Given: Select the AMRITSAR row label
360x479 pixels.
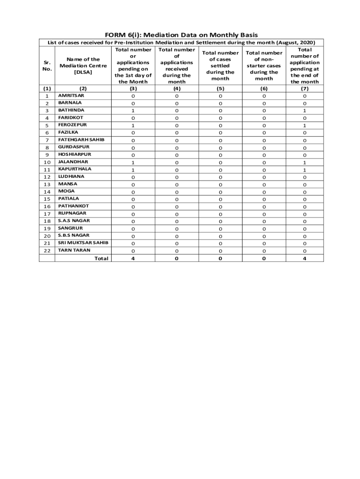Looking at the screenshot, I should coord(71,95).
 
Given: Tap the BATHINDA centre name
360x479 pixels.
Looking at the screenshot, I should coord(71,110).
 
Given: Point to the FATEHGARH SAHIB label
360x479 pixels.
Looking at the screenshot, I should coord(81,139).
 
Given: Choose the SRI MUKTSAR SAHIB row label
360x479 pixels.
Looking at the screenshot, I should coord(83,243).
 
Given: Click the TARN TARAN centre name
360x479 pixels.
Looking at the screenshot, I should coord(74,250).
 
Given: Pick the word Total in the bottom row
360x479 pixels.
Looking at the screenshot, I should coord(101,258).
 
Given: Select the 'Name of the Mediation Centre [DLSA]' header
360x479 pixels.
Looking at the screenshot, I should coord(83,65).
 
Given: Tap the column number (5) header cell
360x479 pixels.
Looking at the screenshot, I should coord(220,88).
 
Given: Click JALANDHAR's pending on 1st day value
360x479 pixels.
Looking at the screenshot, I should coord(133,162).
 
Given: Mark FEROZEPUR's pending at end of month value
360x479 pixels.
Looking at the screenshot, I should coord(304,125).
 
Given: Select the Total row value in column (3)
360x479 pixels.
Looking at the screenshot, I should coord(133,258).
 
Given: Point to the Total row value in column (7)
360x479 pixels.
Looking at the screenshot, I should coord(304,258).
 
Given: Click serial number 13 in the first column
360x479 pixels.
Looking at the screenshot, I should coord(47,184).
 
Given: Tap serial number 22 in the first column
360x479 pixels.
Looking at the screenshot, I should coord(47,251).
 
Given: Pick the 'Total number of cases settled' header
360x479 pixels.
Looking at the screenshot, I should coord(220,65).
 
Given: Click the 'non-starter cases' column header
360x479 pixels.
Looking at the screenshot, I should coord(264,65).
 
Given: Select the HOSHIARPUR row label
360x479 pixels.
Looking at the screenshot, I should coord(74,154).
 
